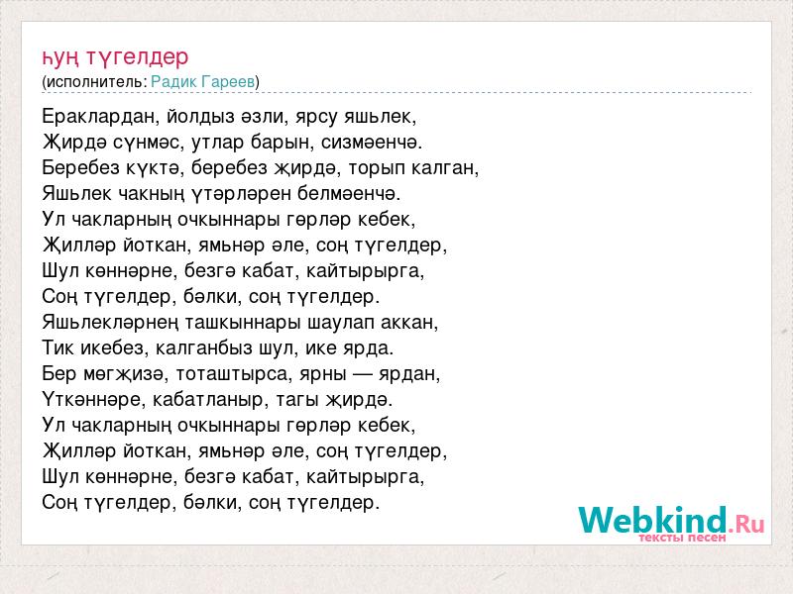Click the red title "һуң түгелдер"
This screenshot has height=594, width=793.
115,57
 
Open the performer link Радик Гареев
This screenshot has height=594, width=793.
203,81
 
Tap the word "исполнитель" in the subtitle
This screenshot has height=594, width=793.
95,82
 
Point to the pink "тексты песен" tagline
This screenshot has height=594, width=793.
682,538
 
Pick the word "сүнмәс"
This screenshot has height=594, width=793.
146,143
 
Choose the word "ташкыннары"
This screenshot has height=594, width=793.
244,323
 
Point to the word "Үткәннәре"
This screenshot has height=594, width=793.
91,400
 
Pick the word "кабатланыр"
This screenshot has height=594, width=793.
208,400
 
